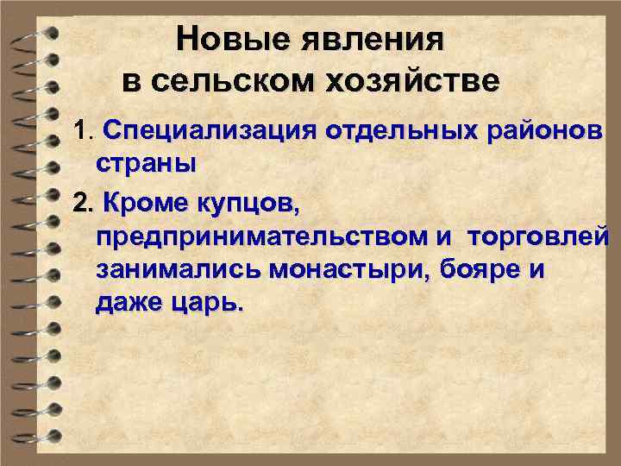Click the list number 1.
pyautogui.click(x=82, y=133)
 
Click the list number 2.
pyautogui.click(x=82, y=205)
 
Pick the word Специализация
pyautogui.click(x=210, y=133)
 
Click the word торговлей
pyautogui.click(x=539, y=235)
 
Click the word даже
pyautogui.click(x=130, y=304)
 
